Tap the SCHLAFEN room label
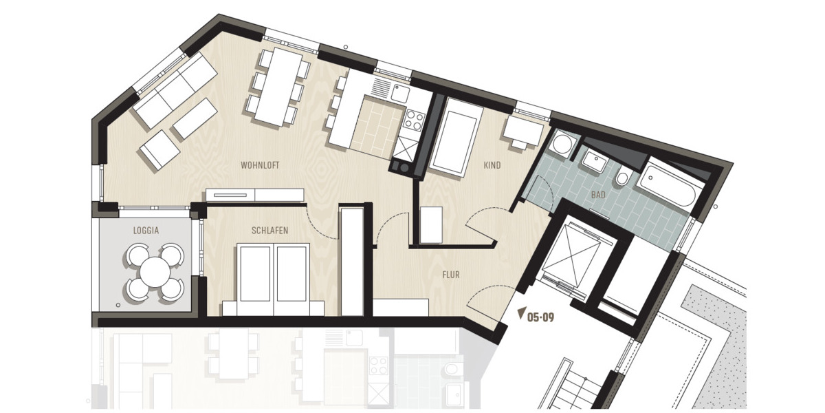pyautogui.click(x=269, y=231)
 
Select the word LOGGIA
pyautogui.click(x=146, y=231)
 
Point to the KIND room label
pyautogui.click(x=492, y=165)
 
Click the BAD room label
pyautogui.click(x=598, y=195)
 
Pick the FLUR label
pyautogui.click(x=450, y=275)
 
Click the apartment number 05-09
pyautogui.click(x=540, y=318)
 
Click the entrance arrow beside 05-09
pyautogui.click(x=520, y=313)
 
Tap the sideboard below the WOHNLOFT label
pyautogui.click(x=254, y=195)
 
